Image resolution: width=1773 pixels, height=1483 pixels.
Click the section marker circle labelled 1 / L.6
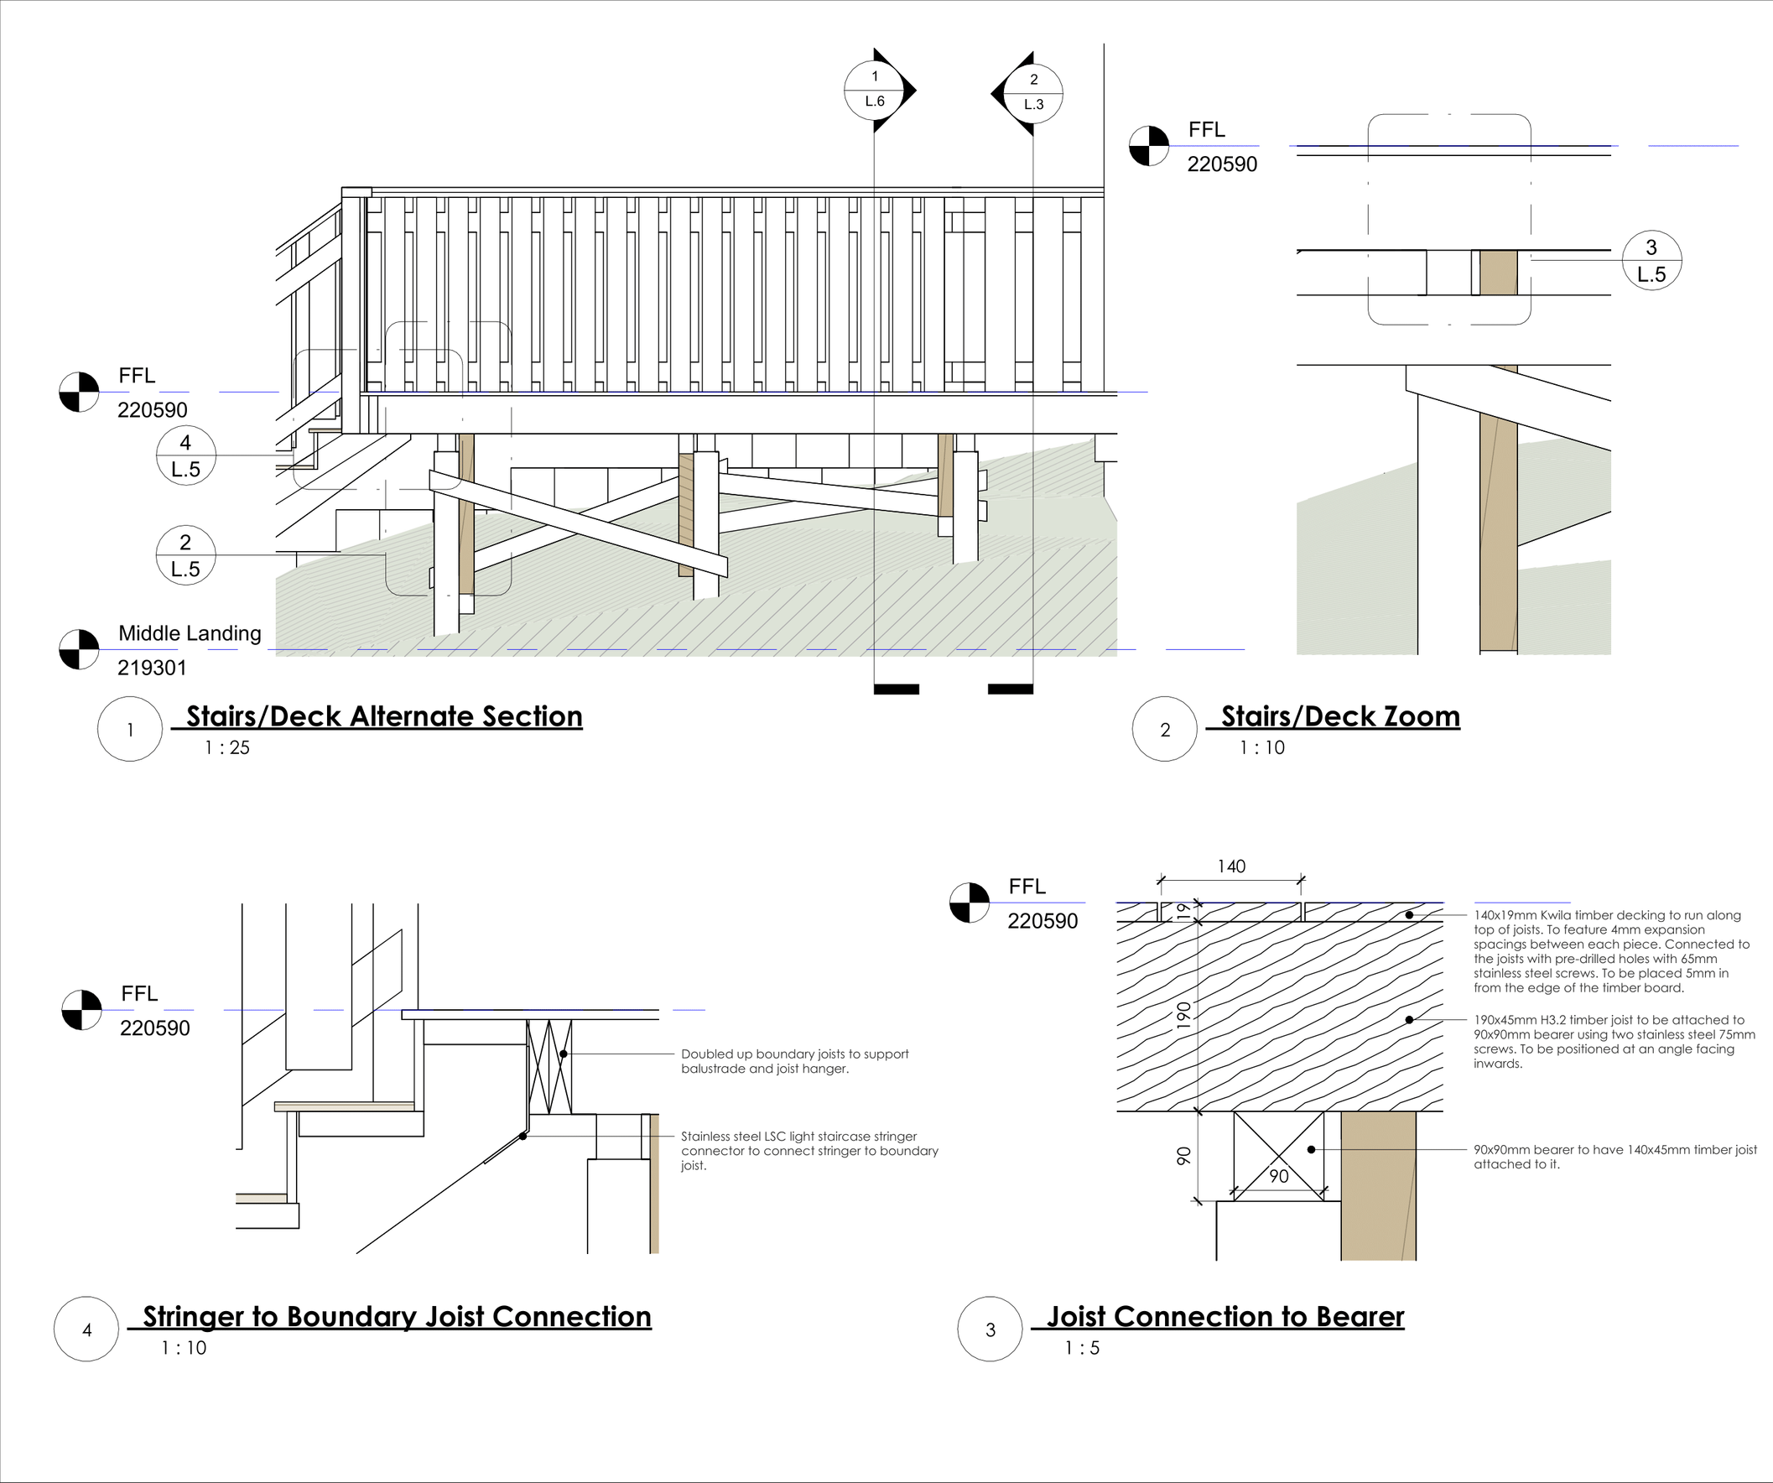875,90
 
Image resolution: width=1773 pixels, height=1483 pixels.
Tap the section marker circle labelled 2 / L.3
1033,92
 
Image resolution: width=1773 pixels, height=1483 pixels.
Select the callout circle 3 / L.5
1651,261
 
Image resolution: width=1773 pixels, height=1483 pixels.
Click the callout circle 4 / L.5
185,455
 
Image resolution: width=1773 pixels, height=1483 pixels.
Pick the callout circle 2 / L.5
185,554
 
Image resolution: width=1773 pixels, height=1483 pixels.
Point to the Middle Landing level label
190,633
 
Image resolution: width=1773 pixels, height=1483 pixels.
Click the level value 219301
152,668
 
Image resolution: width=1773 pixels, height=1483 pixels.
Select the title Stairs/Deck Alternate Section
384,716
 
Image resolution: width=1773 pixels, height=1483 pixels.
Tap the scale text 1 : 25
227,747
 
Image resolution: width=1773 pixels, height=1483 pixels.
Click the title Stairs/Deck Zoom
1340,716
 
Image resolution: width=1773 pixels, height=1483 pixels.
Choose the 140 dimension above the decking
1231,866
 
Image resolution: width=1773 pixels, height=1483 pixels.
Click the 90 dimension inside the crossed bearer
1279,1176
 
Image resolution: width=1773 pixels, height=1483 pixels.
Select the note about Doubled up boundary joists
794,1062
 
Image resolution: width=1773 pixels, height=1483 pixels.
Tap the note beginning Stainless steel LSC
809,1151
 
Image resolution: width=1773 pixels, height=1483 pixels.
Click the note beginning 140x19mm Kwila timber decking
1611,951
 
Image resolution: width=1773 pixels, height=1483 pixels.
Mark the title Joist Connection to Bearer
1225,1317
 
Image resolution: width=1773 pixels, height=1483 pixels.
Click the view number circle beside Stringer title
86,1329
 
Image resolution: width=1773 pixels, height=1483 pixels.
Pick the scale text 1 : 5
1083,1348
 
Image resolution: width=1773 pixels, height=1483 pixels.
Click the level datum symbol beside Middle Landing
80,649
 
